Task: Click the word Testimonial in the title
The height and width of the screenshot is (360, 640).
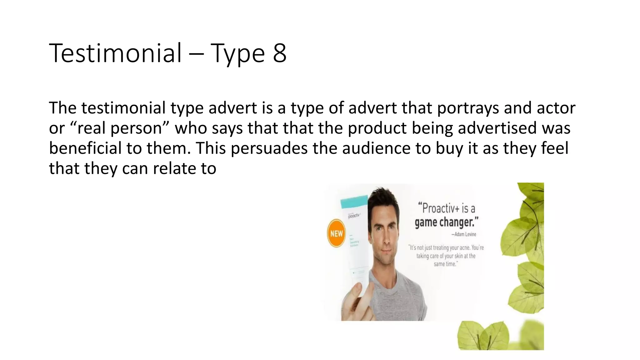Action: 115,53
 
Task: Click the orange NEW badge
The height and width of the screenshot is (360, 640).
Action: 336,233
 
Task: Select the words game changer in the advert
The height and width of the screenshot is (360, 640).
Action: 446,222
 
